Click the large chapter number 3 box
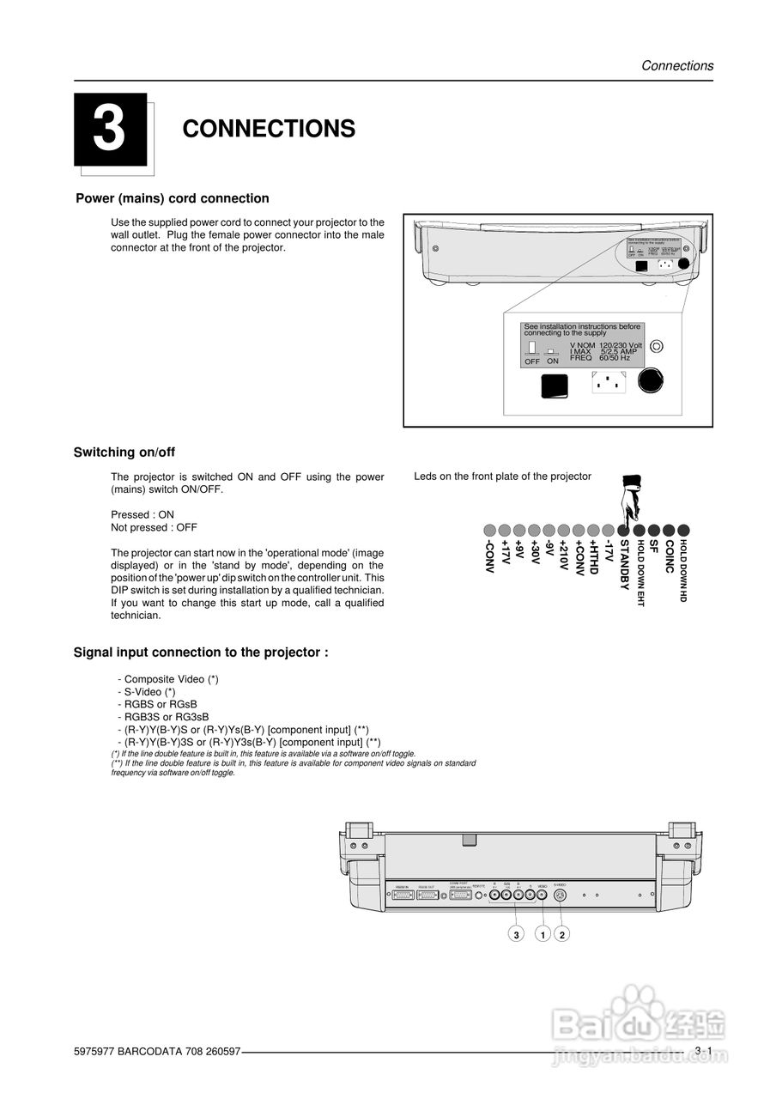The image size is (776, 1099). click(x=109, y=129)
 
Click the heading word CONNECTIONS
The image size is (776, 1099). click(x=269, y=129)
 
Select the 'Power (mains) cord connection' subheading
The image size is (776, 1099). click(x=173, y=198)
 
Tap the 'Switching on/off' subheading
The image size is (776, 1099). click(x=124, y=452)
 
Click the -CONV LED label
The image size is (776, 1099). click(x=488, y=558)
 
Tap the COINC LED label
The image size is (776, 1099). click(x=669, y=556)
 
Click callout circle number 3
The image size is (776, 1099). click(x=516, y=934)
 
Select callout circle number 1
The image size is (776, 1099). click(x=543, y=934)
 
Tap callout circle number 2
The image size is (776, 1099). click(x=561, y=934)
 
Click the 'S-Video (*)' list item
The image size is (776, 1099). click(x=146, y=691)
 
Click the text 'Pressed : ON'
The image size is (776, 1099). click(x=142, y=515)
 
